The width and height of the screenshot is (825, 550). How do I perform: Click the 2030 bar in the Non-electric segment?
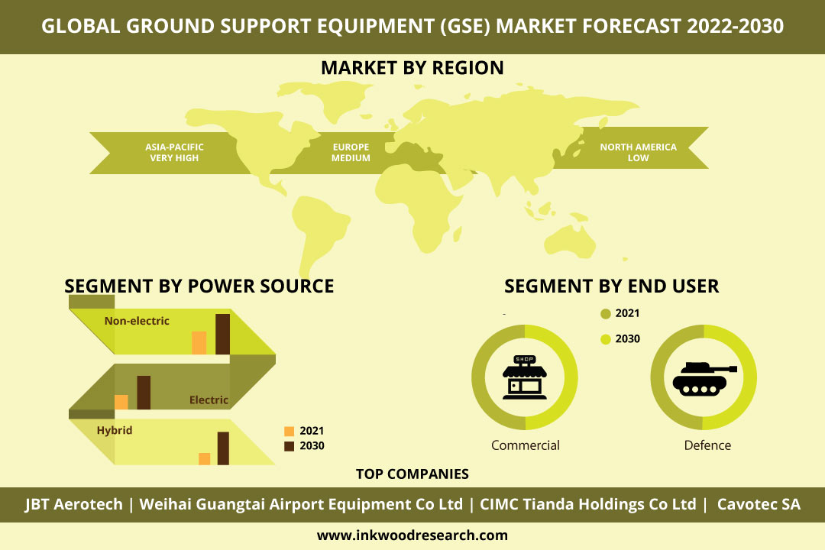click(x=222, y=335)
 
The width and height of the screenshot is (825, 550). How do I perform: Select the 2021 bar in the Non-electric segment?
click(x=199, y=343)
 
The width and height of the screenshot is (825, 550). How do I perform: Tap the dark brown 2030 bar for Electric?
click(x=144, y=393)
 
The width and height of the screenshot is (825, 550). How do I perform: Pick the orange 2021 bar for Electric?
click(x=121, y=402)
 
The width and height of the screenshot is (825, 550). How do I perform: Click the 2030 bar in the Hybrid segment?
click(x=223, y=448)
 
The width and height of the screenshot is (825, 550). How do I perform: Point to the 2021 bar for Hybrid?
click(x=205, y=459)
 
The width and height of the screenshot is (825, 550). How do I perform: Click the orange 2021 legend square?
click(x=289, y=431)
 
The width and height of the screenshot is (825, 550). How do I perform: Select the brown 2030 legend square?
click(x=289, y=446)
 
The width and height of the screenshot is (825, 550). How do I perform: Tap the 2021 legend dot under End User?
click(x=606, y=314)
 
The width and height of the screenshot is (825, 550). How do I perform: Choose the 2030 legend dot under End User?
click(x=606, y=339)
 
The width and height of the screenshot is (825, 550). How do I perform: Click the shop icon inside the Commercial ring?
click(x=525, y=377)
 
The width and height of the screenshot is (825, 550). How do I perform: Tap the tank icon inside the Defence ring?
click(x=704, y=378)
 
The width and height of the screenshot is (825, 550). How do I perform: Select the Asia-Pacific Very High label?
click(x=174, y=153)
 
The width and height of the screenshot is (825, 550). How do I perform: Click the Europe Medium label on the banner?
click(x=351, y=153)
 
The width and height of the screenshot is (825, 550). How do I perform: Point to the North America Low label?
click(x=638, y=153)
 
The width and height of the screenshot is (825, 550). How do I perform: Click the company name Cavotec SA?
click(x=759, y=504)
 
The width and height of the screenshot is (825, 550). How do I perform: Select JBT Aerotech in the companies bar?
click(x=73, y=504)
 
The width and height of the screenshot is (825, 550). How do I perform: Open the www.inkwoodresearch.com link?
click(x=412, y=535)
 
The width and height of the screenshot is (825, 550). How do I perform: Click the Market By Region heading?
click(x=412, y=68)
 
